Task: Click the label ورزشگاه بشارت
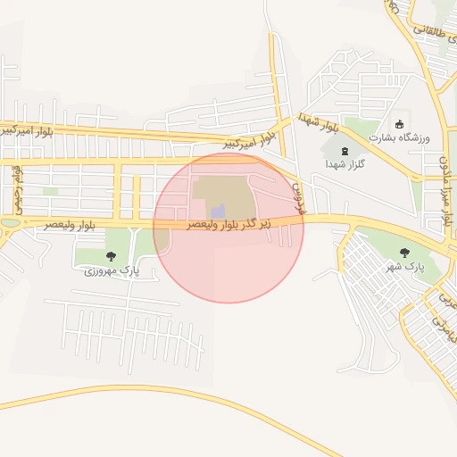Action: pos(400,137)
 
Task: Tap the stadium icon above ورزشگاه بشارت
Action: pos(400,123)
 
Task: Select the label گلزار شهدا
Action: pos(341,165)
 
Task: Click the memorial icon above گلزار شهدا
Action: pos(345,152)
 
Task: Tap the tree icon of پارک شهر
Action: pos(405,253)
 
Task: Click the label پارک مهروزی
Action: pos(112,270)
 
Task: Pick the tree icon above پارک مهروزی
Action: pos(111,256)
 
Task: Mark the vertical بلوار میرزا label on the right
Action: pos(444,190)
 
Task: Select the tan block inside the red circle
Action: pos(223,188)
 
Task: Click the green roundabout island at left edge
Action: pos(10,223)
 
